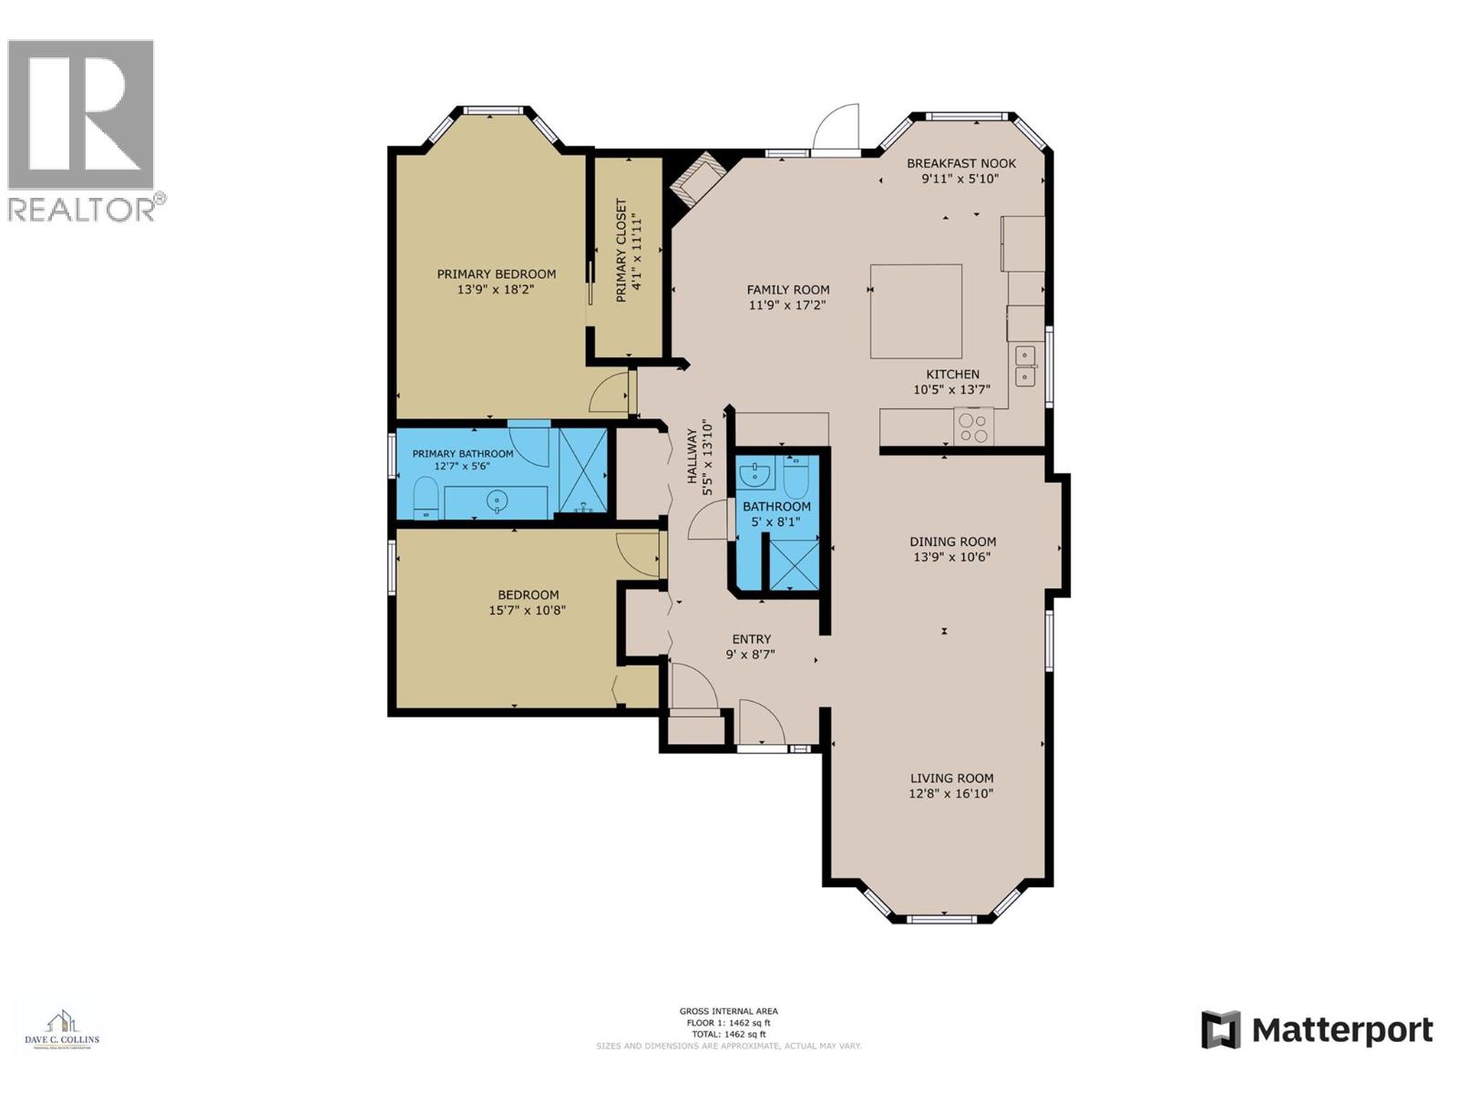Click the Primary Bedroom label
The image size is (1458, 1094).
pyautogui.click(x=496, y=273)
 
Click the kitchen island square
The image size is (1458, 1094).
pyautogui.click(x=916, y=311)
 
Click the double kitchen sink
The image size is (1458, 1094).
pyautogui.click(x=1027, y=365)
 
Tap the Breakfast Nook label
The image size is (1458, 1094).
pyautogui.click(x=960, y=163)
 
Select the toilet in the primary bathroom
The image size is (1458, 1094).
pyautogui.click(x=426, y=498)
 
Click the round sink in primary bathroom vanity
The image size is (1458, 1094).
pyautogui.click(x=497, y=501)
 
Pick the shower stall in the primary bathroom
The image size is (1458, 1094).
pyautogui.click(x=582, y=471)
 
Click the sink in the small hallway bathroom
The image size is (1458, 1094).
pyautogui.click(x=755, y=474)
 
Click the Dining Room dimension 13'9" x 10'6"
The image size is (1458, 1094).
pyautogui.click(x=952, y=557)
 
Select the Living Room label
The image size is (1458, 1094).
pyautogui.click(x=951, y=778)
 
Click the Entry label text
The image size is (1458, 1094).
pyautogui.click(x=751, y=639)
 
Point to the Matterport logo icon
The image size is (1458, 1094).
pyautogui.click(x=1220, y=1030)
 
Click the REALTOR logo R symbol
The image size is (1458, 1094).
pyautogui.click(x=80, y=114)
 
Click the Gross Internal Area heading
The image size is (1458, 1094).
pyautogui.click(x=728, y=1011)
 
